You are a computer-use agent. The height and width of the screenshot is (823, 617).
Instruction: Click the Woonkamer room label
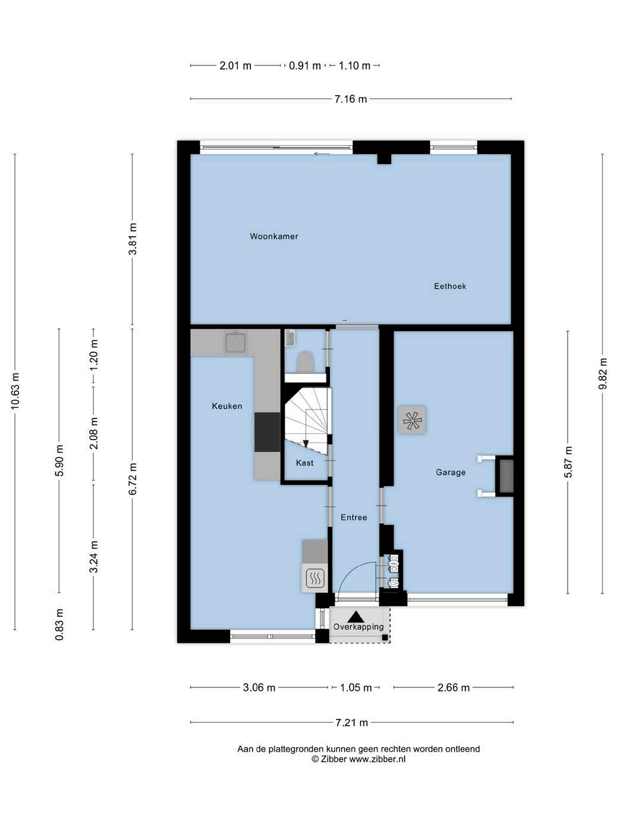pyautogui.click(x=274, y=236)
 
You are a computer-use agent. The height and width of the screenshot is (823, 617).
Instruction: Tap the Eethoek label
pyautogui.click(x=450, y=286)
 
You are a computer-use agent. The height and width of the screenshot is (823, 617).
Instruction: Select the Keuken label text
pyautogui.click(x=227, y=406)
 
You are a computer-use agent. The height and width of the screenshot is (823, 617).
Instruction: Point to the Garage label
pyautogui.click(x=451, y=472)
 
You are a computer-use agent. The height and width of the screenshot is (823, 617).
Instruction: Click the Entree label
pyautogui.click(x=354, y=517)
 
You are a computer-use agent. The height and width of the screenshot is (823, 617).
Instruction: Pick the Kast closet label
pyautogui.click(x=304, y=463)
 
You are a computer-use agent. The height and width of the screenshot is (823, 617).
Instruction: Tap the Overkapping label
pyautogui.click(x=358, y=627)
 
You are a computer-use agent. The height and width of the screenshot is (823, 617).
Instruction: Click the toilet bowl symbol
pyautogui.click(x=305, y=362)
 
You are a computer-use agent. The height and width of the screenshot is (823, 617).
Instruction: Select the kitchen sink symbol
pyautogui.click(x=235, y=343)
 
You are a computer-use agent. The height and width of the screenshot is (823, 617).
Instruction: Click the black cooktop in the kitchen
pyautogui.click(x=267, y=432)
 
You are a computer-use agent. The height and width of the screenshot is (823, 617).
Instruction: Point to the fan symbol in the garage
pyautogui.click(x=412, y=420)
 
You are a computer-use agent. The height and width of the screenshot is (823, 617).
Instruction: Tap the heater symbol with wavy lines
pyautogui.click(x=314, y=578)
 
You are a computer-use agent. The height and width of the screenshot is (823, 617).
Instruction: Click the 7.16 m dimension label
pyautogui.click(x=350, y=99)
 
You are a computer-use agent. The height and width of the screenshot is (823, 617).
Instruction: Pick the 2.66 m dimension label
pyautogui.click(x=454, y=687)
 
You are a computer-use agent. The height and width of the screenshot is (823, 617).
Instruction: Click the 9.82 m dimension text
pyautogui.click(x=602, y=374)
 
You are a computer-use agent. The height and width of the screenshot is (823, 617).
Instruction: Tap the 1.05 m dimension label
pyautogui.click(x=356, y=687)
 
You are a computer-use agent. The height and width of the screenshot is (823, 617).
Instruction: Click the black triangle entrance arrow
pyautogui.click(x=354, y=616)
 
